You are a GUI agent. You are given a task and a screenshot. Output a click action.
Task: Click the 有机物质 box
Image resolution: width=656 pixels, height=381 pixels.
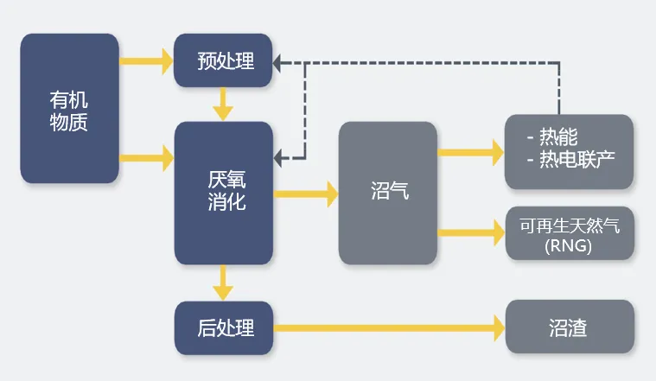point(69,108)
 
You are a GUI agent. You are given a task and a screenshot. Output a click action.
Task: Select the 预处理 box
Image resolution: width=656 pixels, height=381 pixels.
point(223,60)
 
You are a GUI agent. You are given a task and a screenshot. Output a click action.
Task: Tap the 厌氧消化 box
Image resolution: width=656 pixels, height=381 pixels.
point(224,192)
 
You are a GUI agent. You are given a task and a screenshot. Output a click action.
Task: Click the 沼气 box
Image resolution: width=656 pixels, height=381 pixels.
point(387,192)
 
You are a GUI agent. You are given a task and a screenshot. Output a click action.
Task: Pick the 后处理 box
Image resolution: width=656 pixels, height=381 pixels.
point(223,327)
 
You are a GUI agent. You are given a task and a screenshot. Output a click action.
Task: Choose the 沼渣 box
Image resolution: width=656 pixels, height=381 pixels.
point(569,327)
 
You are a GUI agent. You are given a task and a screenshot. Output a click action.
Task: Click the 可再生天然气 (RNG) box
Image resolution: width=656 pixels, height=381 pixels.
point(569,232)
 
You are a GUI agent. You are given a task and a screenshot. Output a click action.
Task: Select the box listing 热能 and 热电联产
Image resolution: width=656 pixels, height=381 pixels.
point(569,151)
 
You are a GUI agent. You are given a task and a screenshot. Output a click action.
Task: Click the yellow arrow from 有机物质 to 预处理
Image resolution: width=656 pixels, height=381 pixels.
point(147,61)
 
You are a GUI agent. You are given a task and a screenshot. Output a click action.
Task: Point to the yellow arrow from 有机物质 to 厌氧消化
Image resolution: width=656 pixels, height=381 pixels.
point(147,157)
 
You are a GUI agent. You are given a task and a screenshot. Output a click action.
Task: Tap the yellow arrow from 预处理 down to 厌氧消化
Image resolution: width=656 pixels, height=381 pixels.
point(224,104)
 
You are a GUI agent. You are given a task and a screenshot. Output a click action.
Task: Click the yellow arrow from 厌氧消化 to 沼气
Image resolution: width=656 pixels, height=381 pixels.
point(306,193)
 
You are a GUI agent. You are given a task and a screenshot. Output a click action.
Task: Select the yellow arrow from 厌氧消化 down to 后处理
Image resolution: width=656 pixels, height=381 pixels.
point(224,282)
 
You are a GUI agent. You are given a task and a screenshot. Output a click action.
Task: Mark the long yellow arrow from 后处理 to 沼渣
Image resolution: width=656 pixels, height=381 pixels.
point(389,327)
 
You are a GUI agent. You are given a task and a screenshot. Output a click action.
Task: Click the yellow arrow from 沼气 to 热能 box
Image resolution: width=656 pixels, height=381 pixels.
point(471,153)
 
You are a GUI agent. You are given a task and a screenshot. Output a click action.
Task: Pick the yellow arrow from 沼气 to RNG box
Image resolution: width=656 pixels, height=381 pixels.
point(471,231)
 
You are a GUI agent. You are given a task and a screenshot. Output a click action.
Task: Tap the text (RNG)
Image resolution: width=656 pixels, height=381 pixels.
point(568,244)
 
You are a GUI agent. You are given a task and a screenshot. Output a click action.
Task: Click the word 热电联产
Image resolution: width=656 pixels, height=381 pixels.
point(576,161)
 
